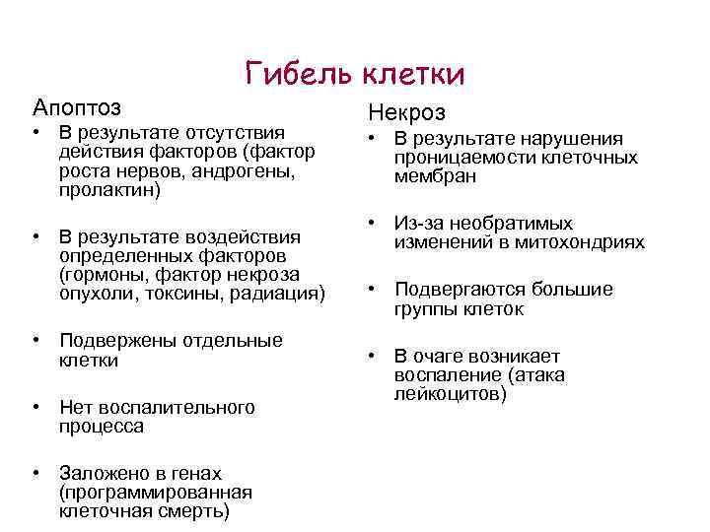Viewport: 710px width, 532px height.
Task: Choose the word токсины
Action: (195, 292)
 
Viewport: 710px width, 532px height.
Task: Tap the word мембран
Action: (435, 176)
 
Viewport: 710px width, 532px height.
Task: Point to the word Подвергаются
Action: (459, 290)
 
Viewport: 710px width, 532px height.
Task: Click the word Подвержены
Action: (114, 341)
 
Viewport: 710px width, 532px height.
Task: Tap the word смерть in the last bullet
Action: (197, 512)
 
